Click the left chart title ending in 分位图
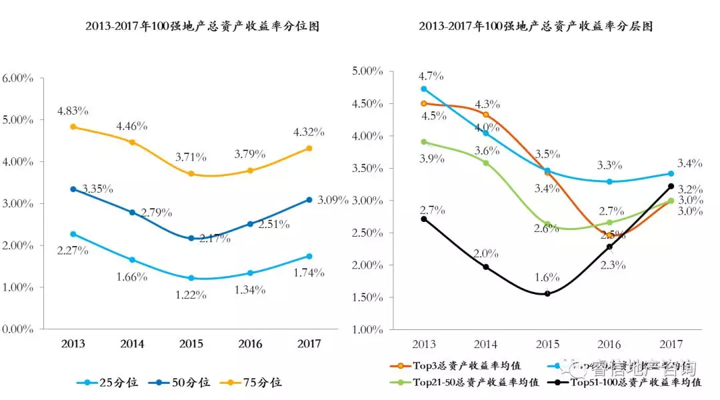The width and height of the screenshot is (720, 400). tap(202, 27)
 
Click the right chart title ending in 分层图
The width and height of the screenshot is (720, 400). tap(535, 27)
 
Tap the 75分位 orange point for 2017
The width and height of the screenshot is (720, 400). tap(309, 148)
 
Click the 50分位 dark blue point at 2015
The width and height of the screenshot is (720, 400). tap(191, 238)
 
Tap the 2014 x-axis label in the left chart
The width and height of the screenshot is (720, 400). tap(132, 344)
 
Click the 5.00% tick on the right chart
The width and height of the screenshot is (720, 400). tap(367, 71)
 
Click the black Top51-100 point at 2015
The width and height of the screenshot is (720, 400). tap(547, 293)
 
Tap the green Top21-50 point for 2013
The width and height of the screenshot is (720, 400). tap(424, 142)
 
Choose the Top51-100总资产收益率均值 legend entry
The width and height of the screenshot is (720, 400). tap(630, 383)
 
